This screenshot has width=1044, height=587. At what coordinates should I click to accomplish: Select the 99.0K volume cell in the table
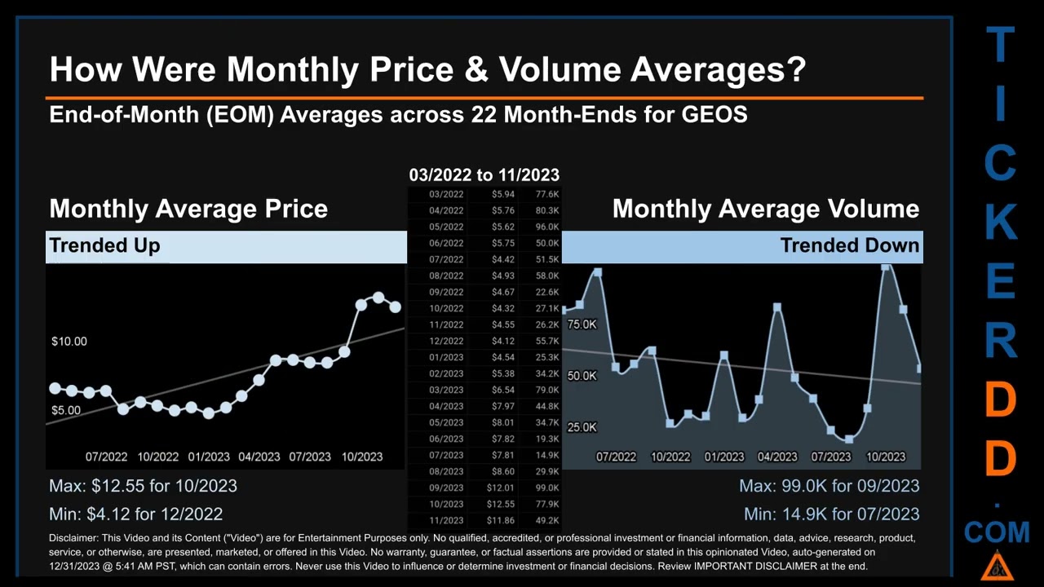click(547, 488)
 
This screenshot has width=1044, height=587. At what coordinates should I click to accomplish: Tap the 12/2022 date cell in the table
click(446, 341)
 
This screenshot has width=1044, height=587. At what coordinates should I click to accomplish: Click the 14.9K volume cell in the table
click(547, 455)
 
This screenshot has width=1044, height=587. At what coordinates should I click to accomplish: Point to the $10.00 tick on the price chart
click(69, 341)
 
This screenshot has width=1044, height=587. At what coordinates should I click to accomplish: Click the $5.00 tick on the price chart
click(65, 410)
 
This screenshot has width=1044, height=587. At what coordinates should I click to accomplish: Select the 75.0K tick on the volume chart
click(582, 324)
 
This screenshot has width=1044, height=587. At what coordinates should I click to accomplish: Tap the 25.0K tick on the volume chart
click(582, 427)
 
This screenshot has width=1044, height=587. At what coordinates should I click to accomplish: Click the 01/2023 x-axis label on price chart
click(209, 457)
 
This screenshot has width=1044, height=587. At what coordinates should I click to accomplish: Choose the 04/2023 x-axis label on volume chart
click(777, 457)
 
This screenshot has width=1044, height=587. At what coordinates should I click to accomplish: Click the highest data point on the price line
click(378, 298)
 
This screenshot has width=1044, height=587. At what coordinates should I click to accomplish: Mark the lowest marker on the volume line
click(849, 439)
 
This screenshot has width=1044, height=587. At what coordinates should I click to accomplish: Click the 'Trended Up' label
click(104, 245)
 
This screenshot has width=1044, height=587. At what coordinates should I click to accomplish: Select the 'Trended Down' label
click(849, 245)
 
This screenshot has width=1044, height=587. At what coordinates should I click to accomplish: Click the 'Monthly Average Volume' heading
click(765, 209)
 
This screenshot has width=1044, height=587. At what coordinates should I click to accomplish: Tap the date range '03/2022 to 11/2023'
click(484, 174)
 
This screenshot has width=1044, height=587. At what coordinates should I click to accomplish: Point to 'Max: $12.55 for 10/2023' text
click(143, 486)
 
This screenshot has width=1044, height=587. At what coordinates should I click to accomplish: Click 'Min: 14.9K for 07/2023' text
click(831, 514)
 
